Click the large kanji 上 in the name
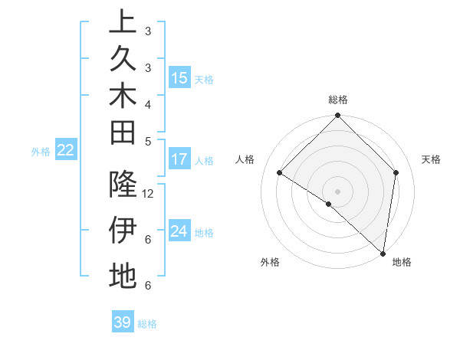pos(123,23)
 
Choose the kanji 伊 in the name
pos(123,230)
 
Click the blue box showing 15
pos(179,77)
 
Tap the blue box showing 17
pos(179,159)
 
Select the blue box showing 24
pos(179,231)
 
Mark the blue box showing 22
pos(66,150)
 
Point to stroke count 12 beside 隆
pos(149,193)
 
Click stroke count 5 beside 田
pos(148,140)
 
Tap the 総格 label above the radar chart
pos(337,100)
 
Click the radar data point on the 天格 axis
pos(396,172)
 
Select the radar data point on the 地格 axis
pos(383,254)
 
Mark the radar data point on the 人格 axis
pos(279,172)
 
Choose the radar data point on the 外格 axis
pos(328,204)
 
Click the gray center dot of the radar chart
pos(337,191)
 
